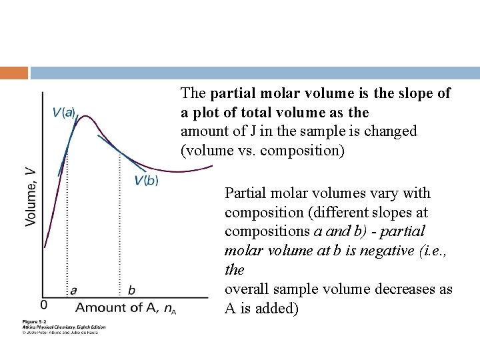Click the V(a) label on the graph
point(65,113)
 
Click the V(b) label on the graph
point(147,180)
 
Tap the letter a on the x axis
point(73,290)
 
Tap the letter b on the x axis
point(131,290)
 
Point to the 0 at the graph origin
point(43,305)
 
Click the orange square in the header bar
point(14,73)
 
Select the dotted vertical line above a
point(68,220)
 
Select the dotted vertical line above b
point(120,227)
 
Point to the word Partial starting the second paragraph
point(247,193)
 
